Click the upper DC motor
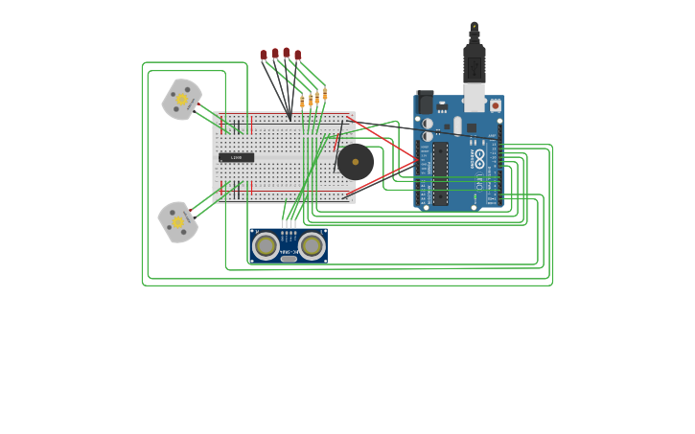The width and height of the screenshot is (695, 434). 181,99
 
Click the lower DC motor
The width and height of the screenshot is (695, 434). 178,221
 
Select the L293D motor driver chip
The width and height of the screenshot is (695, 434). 236,157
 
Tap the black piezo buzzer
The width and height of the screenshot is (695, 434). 356,162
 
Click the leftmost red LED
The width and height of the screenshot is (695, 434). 264,55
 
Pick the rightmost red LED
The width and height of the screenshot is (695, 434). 297,55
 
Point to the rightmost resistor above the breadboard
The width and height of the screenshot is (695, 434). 325,94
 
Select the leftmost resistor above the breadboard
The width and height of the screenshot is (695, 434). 302,101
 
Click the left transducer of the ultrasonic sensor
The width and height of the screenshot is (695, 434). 266,246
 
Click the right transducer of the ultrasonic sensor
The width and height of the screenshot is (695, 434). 312,246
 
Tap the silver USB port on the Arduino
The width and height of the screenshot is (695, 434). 475,97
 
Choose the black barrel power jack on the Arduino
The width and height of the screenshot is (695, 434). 425,102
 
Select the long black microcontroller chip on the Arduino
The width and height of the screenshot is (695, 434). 440,173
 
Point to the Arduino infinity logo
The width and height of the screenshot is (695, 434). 479,156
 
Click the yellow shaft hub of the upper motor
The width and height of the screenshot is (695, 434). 181,99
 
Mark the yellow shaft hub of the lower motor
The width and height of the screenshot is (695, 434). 178,221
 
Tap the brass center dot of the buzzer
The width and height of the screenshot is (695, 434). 356,162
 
